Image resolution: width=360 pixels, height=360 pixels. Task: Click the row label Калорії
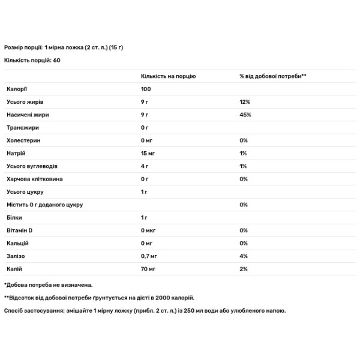coord(17,89)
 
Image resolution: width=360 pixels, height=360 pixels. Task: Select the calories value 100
coord(146,89)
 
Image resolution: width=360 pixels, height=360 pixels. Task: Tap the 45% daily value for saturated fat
coord(245,115)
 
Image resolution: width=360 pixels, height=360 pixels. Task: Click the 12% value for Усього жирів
coord(244,102)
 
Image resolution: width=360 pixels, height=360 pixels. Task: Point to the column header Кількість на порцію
coord(168,77)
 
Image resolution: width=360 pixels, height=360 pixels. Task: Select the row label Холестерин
coord(22,140)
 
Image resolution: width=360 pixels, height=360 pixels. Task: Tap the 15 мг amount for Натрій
coord(148,153)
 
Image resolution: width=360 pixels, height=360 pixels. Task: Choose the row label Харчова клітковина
coord(35,179)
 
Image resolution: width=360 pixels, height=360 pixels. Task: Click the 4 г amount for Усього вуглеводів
coord(145,166)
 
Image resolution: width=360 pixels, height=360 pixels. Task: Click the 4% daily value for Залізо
coord(243,256)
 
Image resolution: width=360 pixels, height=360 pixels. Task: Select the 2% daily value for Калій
coord(243,268)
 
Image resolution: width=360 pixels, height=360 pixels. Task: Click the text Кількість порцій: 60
coord(32,60)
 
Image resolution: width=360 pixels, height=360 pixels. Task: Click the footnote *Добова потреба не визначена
coord(48,285)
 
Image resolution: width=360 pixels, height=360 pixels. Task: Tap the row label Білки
coord(14,217)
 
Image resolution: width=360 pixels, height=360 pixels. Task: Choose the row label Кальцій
coord(18,243)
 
